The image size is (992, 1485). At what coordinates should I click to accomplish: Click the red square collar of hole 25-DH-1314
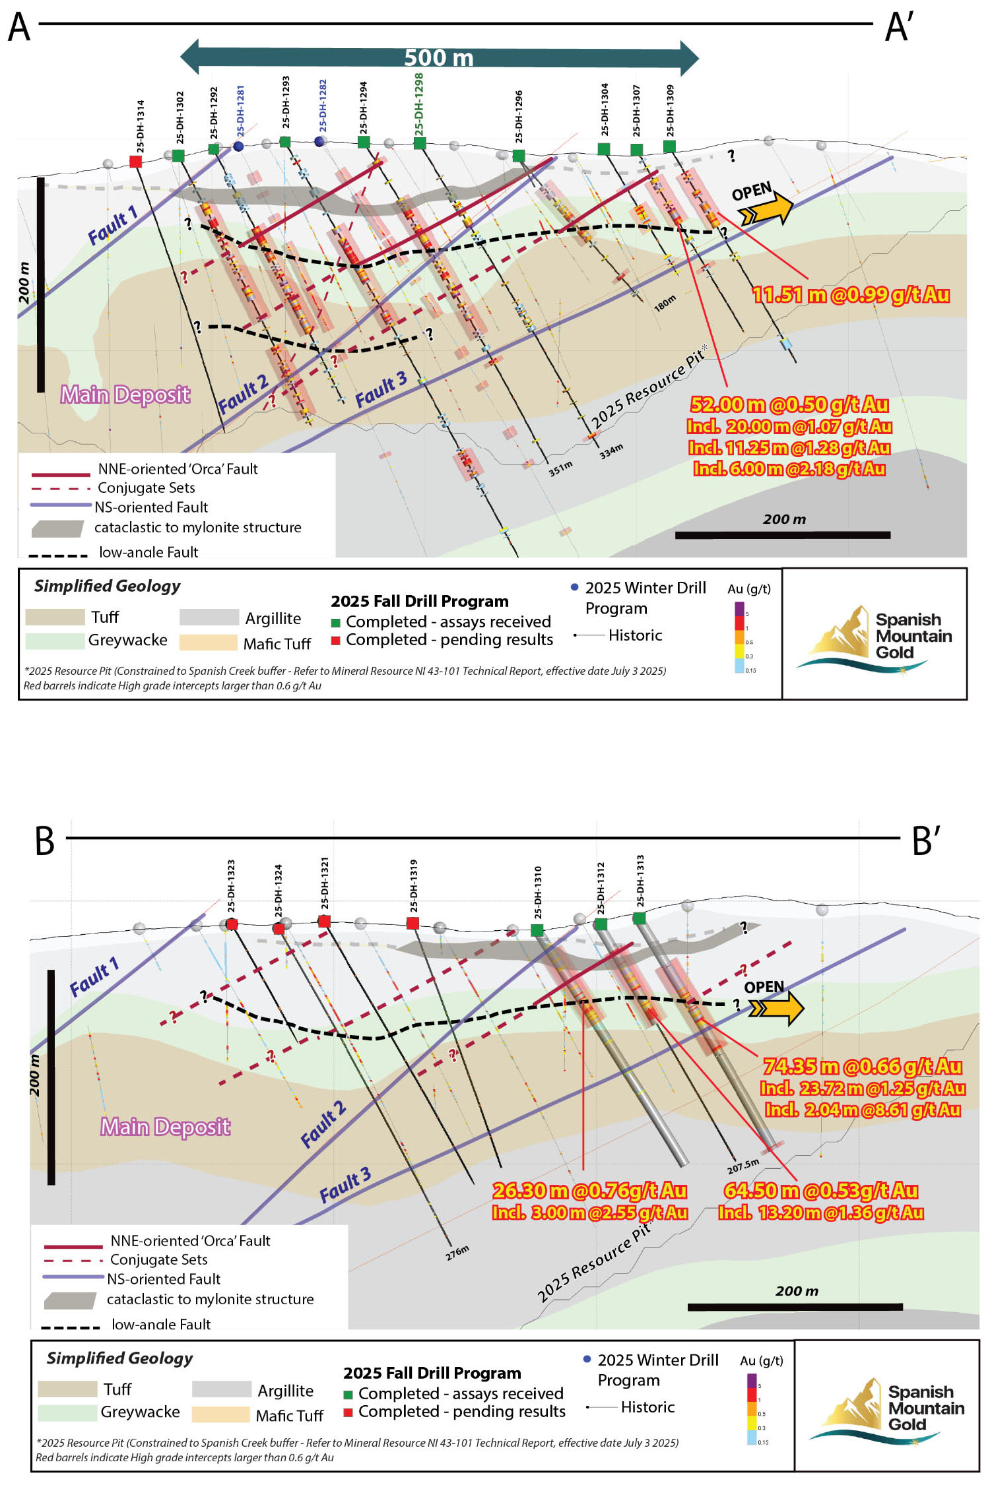[136, 162]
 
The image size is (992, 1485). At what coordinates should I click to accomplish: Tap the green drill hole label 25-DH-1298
[419, 105]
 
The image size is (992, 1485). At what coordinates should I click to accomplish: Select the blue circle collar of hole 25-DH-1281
[238, 146]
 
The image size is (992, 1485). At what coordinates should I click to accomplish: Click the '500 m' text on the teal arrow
[439, 58]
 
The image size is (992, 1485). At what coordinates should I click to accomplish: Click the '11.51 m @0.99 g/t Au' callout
[851, 295]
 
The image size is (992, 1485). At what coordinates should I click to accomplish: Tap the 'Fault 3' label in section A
[381, 390]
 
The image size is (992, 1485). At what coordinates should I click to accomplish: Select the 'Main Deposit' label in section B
[166, 1127]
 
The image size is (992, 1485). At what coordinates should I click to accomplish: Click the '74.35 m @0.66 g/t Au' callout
[863, 1067]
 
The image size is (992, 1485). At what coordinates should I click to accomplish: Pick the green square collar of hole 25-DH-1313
[639, 918]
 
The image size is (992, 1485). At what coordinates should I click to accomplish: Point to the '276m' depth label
[457, 1253]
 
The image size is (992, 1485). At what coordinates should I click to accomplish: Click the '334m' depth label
[611, 452]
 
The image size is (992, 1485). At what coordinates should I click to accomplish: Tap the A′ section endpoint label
[898, 28]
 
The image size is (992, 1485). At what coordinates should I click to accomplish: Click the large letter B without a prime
[45, 841]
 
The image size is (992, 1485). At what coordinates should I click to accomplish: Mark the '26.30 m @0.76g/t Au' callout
[589, 1191]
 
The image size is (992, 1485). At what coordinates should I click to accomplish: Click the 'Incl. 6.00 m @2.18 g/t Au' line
[789, 469]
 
